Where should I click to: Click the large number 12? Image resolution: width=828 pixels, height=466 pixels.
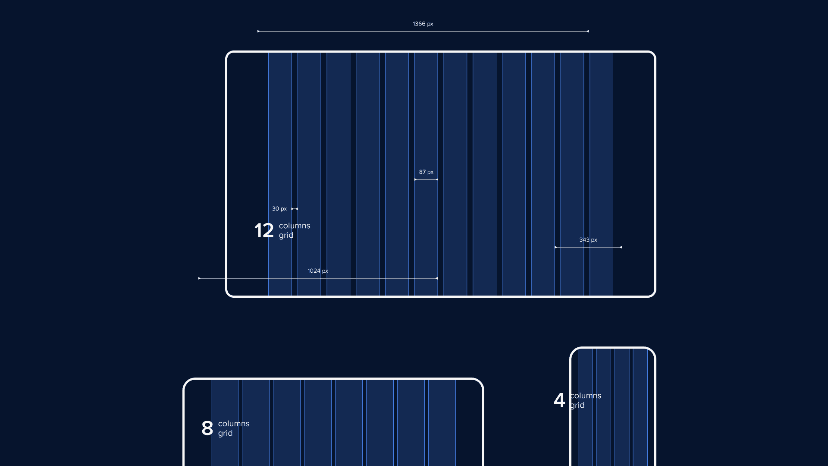click(x=264, y=230)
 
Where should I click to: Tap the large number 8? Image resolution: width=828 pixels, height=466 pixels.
click(x=207, y=428)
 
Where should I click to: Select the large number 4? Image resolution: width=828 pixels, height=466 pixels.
click(x=559, y=400)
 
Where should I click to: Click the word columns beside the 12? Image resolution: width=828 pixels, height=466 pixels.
click(x=295, y=226)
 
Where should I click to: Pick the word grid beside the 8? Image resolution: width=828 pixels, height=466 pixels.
click(x=225, y=433)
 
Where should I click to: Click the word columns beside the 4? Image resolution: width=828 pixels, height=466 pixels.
click(x=586, y=396)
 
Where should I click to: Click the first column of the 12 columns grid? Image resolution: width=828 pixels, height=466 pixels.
click(x=280, y=174)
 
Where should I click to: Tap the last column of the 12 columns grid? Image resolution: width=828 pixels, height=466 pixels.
click(x=601, y=174)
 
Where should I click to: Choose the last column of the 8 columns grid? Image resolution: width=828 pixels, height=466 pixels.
click(x=442, y=423)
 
